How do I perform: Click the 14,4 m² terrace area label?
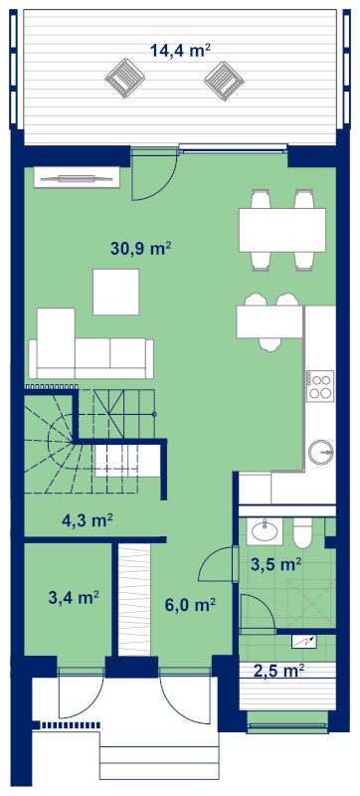(x=180, y=51)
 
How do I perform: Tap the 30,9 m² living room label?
(x=140, y=248)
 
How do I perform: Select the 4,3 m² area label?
(x=87, y=520)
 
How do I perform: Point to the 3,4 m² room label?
(x=74, y=598)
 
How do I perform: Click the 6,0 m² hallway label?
(x=191, y=604)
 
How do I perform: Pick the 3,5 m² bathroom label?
(x=276, y=563)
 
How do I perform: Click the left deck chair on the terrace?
(x=125, y=79)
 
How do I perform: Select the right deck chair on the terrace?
(x=224, y=81)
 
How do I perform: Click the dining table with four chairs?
(x=282, y=230)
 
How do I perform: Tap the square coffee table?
(x=116, y=292)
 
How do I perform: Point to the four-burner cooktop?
(x=320, y=385)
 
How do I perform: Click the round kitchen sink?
(x=321, y=451)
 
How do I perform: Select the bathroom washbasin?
(x=265, y=531)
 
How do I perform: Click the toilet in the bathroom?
(x=303, y=533)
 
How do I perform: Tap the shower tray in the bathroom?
(x=311, y=603)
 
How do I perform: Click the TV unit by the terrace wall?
(x=77, y=178)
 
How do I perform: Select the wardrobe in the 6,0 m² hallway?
(x=134, y=599)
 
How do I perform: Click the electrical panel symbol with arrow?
(x=304, y=641)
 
